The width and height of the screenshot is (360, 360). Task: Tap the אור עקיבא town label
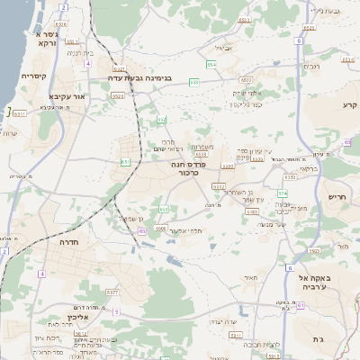pos(67,95)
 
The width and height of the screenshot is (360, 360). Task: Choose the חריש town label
pos(337,196)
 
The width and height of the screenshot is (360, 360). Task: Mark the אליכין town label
pos(80,318)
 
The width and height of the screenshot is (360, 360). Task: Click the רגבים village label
pos(311,66)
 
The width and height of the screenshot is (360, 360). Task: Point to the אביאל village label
pos(224,48)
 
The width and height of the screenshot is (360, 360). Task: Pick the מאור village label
pos(250,278)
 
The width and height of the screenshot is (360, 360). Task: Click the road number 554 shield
pos(211,66)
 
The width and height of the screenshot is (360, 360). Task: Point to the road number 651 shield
pos(125,162)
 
